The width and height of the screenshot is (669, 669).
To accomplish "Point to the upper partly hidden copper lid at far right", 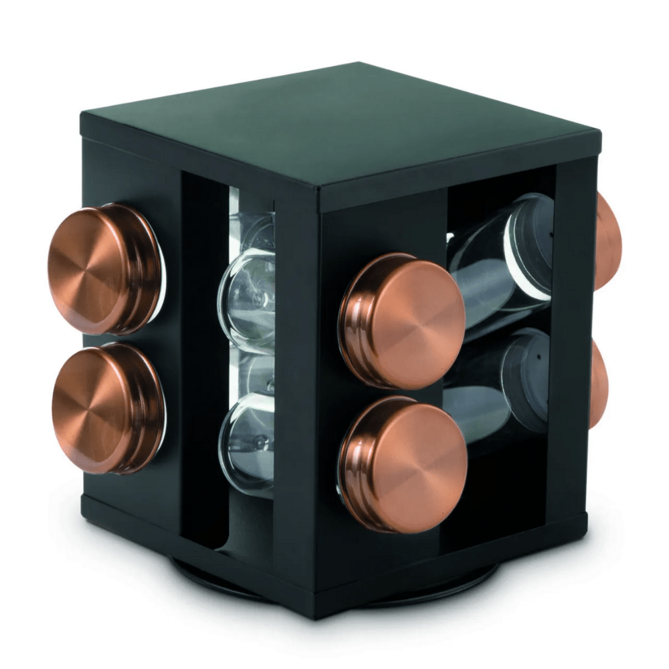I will [x=607, y=241].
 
